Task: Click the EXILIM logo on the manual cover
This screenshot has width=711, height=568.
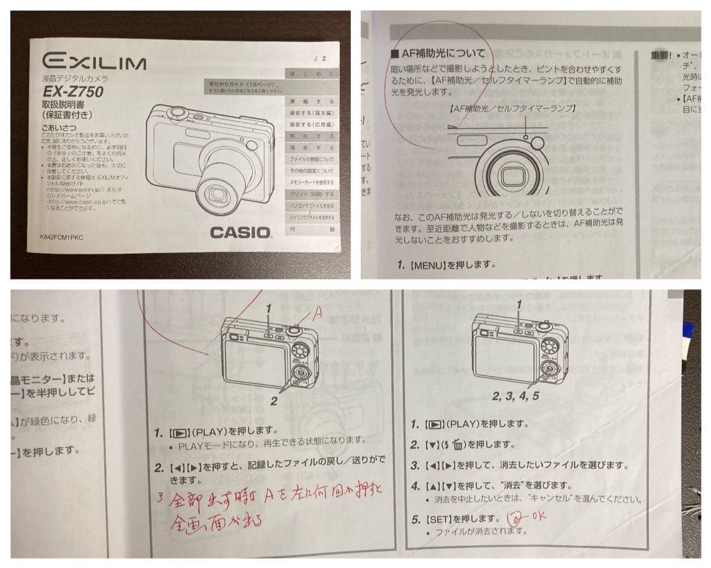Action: click(94, 63)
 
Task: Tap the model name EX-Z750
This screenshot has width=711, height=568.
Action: click(72, 92)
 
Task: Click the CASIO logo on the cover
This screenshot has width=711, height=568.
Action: click(240, 232)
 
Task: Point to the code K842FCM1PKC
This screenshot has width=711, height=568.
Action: click(62, 237)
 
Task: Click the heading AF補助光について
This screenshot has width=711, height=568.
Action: click(437, 53)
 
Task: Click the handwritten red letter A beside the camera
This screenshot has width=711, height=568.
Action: click(316, 315)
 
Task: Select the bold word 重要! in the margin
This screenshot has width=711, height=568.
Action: click(660, 55)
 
